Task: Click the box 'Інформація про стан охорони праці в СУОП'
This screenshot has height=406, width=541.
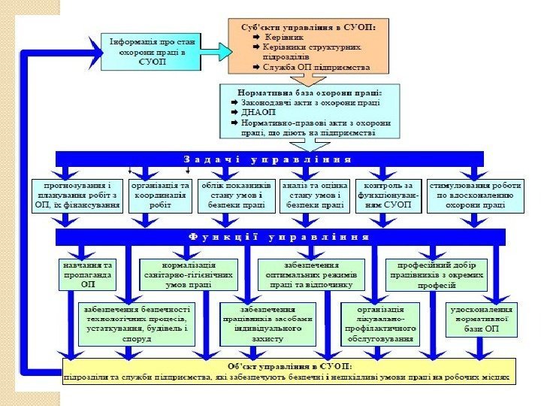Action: click(152, 52)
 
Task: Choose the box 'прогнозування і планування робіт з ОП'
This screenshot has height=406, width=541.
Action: click(77, 195)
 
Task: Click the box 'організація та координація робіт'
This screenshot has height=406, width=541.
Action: click(161, 195)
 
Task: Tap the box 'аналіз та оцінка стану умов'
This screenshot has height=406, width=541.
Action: click(313, 195)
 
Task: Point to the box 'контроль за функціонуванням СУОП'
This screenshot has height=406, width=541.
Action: click(388, 195)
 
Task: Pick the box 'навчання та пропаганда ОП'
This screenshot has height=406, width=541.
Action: click(89, 274)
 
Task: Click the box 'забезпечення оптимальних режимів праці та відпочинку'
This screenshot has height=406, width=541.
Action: click(310, 274)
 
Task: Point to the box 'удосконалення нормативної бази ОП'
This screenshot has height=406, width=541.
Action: click(481, 319)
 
